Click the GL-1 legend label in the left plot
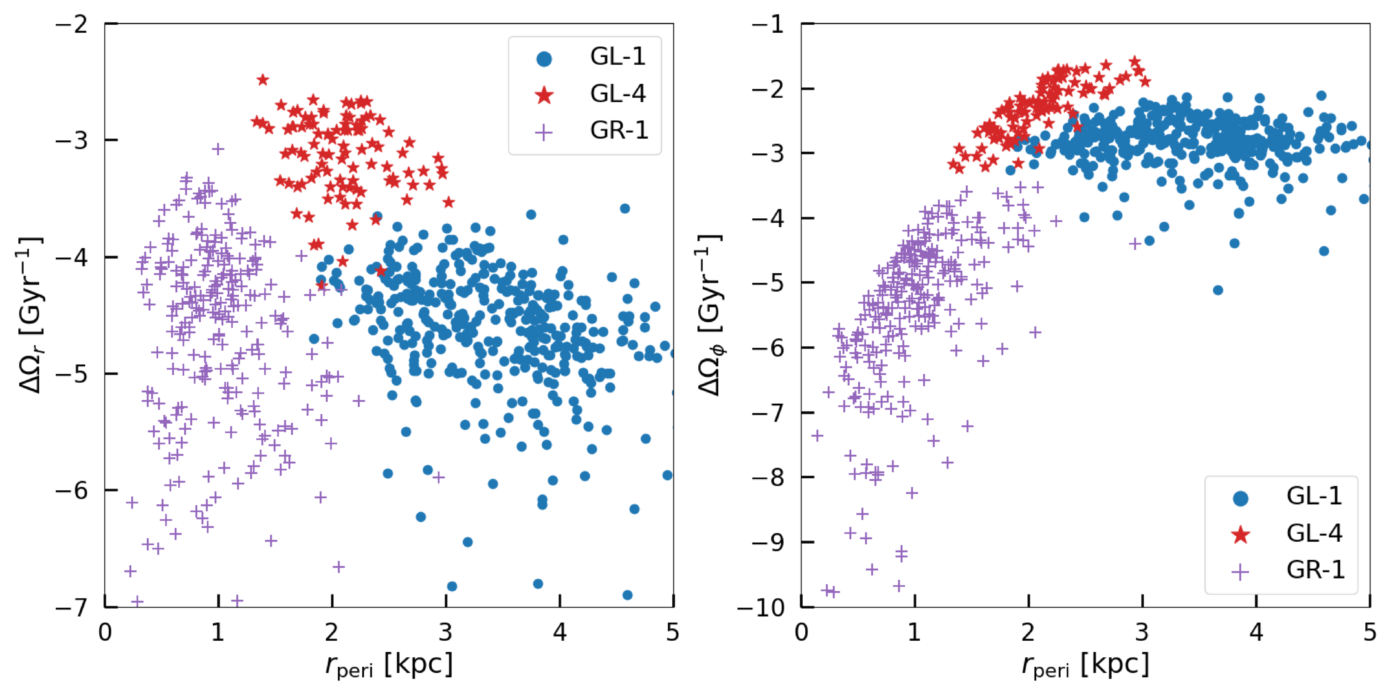(617, 57)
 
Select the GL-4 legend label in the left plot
(617, 94)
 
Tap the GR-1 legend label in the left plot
(619, 130)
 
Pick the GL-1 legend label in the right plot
(1314, 496)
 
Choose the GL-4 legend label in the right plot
(1314, 533)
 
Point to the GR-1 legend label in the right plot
(1316, 570)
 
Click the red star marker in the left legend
(544, 95)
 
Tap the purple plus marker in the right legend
(1241, 572)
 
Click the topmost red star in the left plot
(263, 80)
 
